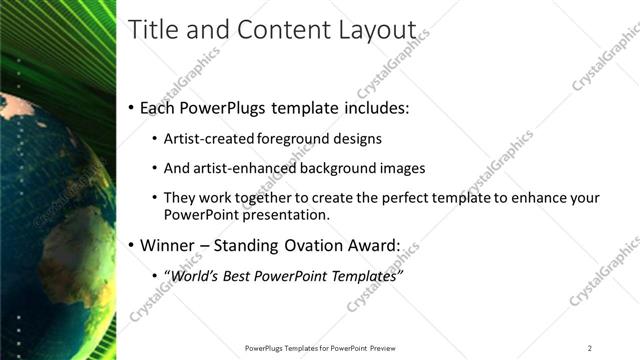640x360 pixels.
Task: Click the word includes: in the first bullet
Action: [373, 107]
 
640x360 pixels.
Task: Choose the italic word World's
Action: [195, 274]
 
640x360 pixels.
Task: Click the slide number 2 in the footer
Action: [590, 347]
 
